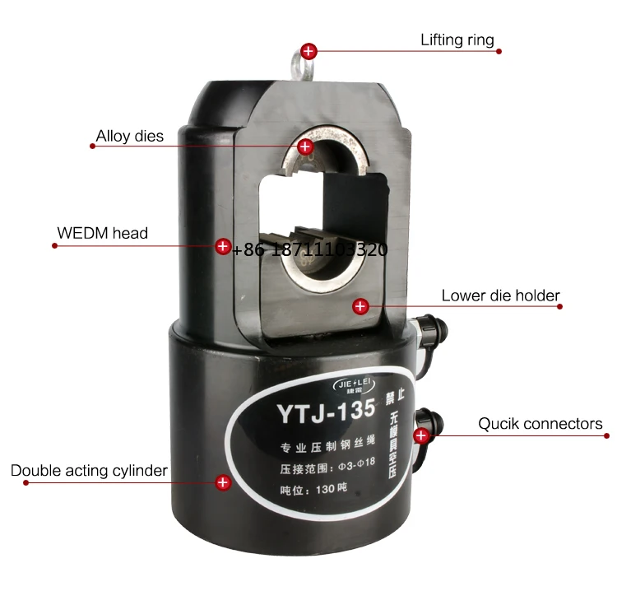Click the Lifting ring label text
[x=457, y=40]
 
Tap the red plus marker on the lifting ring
[x=308, y=51]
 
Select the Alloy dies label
[x=130, y=136]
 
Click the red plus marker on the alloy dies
[x=305, y=147]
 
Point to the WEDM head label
[x=103, y=233]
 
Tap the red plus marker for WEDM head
[x=222, y=246]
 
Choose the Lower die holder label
[x=500, y=295]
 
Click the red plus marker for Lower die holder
[x=360, y=306]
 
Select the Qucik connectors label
[x=540, y=425]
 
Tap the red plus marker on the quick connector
[x=421, y=435]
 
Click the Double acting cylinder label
[x=89, y=471]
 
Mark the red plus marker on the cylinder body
[x=222, y=482]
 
